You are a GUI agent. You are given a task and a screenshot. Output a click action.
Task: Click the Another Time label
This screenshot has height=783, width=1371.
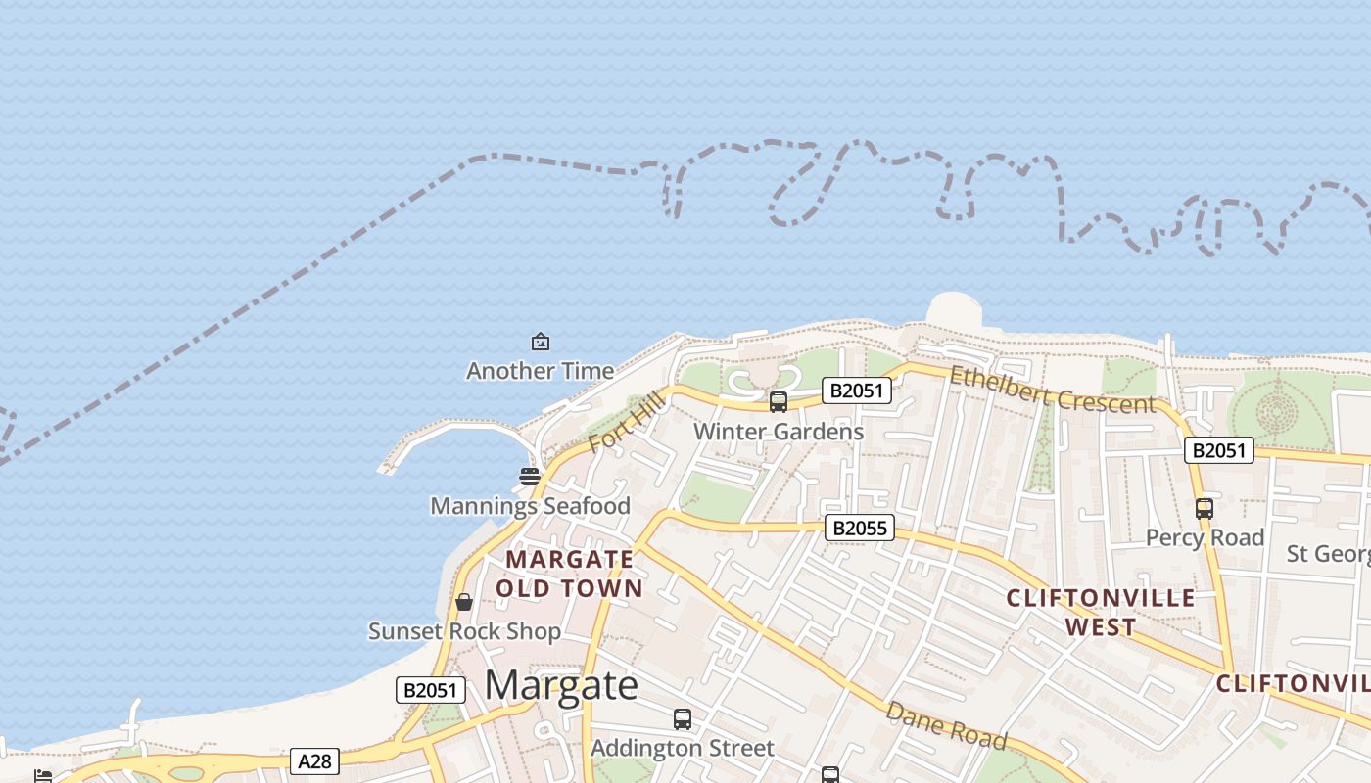tap(540, 371)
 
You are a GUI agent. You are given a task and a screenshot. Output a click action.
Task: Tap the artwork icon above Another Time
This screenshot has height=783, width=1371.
tap(540, 342)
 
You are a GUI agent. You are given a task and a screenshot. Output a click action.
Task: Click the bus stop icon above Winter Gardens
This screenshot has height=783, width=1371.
tap(779, 401)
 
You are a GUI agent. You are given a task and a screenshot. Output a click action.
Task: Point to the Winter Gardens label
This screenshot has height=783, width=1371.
tap(779, 432)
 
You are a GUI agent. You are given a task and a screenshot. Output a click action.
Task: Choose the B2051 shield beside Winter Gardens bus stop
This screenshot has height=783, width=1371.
tap(857, 391)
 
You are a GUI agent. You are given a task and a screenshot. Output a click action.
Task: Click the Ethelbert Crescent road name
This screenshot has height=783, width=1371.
tap(1052, 390)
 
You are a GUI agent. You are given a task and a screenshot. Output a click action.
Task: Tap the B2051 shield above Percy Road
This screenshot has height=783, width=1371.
tap(1219, 450)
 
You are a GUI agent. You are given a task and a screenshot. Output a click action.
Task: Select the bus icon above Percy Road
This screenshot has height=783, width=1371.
tap(1205, 509)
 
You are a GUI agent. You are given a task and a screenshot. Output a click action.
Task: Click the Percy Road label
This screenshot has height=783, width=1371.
tap(1205, 538)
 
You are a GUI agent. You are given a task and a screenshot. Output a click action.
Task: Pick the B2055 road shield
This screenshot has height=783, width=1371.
tap(859, 529)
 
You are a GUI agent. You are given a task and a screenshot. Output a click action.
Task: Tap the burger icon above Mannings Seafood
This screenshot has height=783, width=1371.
tap(530, 477)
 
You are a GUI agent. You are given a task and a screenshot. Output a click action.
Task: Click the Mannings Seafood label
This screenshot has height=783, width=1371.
tap(530, 506)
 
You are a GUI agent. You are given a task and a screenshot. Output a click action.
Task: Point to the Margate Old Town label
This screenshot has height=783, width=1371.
tap(569, 574)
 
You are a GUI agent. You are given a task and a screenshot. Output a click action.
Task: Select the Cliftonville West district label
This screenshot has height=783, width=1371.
tap(1101, 612)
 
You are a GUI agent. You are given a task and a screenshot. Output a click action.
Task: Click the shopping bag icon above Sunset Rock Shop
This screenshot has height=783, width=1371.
tap(464, 602)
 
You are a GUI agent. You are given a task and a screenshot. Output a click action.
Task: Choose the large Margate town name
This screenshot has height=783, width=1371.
tap(561, 685)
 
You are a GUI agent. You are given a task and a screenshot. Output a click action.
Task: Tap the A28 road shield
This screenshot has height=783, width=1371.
tap(314, 760)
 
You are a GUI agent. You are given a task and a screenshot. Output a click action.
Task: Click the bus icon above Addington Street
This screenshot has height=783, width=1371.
tap(683, 719)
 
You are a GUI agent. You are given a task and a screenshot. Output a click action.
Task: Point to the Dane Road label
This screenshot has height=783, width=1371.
tap(945, 725)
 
